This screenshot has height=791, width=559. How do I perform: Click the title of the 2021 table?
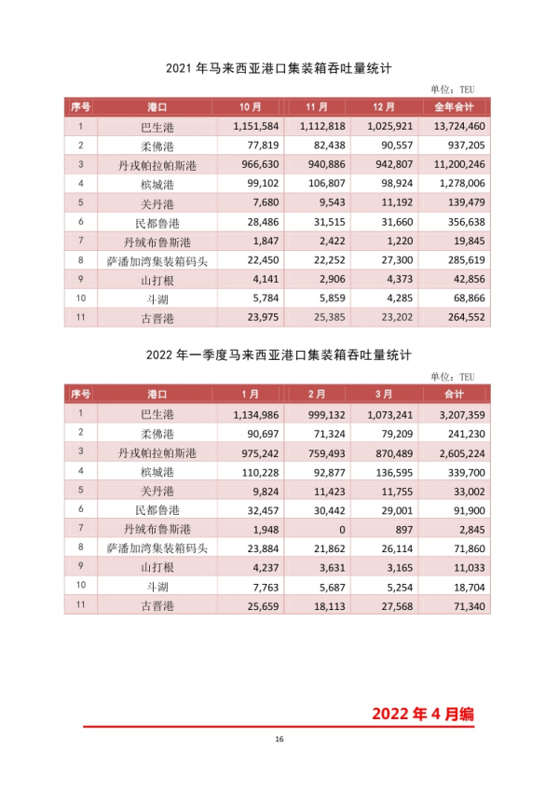tap(278, 68)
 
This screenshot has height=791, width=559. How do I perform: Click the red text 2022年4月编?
tap(423, 714)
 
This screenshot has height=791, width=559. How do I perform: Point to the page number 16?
tap(279, 740)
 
